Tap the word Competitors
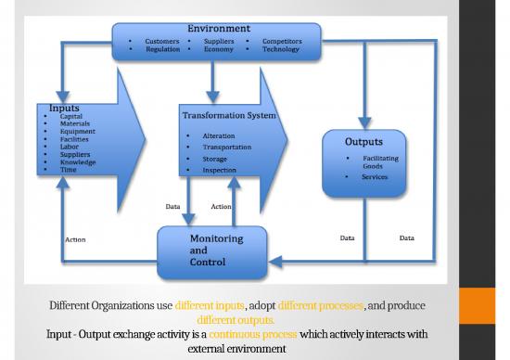tap(281, 42)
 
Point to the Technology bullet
tap(280, 49)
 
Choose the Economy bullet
tap(219, 49)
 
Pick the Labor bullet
tap(69, 147)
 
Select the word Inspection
tap(219, 171)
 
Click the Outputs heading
tap(363, 142)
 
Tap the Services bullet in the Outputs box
tap(374, 176)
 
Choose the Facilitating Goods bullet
tap(378, 162)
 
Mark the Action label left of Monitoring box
tap(75, 240)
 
